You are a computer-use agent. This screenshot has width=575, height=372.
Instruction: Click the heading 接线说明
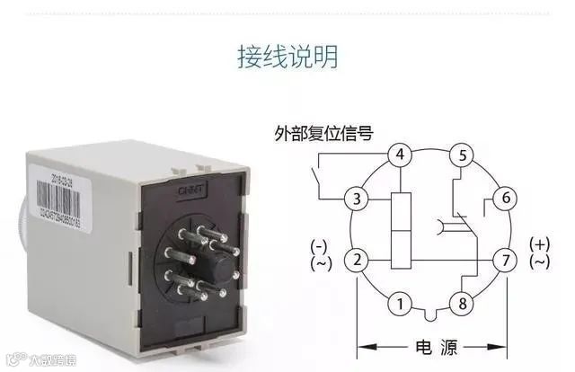click(x=287, y=56)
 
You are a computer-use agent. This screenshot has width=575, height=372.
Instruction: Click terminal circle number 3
click(x=358, y=198)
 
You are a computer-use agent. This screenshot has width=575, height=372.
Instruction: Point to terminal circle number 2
click(x=358, y=261)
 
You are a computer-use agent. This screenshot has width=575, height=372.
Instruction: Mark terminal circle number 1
click(x=398, y=303)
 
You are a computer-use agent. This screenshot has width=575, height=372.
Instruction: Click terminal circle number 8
click(x=463, y=303)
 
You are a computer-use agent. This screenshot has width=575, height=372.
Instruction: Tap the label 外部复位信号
click(x=323, y=134)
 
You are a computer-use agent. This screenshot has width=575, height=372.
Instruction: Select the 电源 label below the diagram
click(x=431, y=346)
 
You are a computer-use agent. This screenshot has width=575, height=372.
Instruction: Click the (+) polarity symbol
click(x=539, y=244)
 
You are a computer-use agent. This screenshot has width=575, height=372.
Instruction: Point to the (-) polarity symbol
click(x=319, y=245)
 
